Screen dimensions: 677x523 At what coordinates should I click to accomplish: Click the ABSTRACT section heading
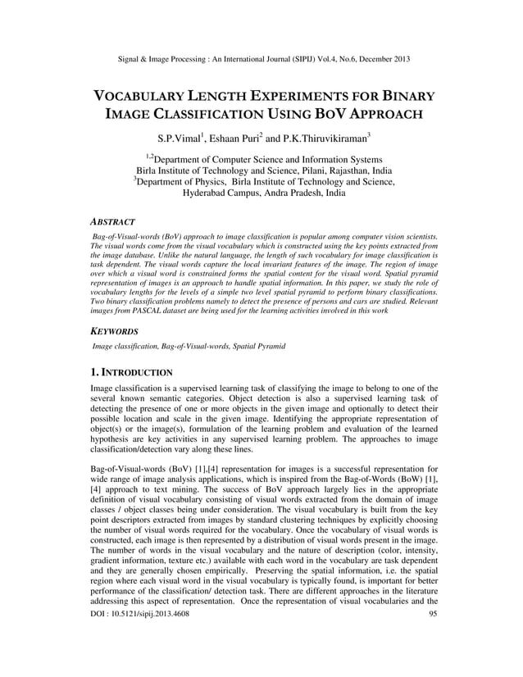113,221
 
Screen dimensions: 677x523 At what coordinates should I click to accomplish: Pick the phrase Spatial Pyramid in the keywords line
257,348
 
